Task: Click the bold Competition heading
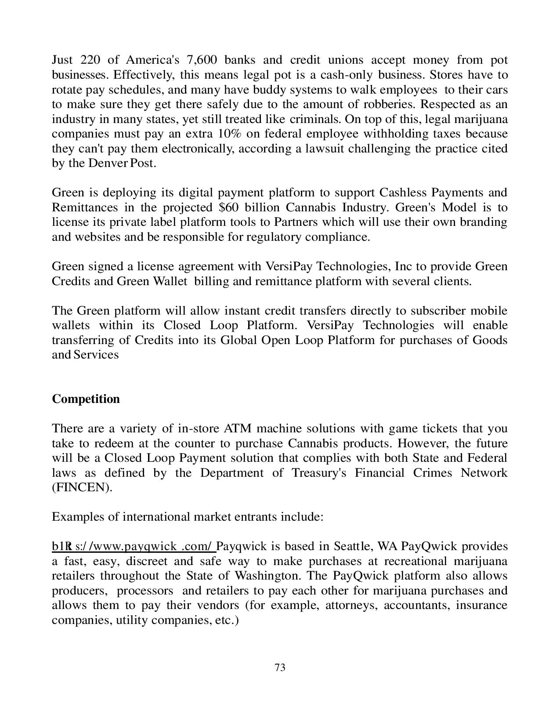point(86,399)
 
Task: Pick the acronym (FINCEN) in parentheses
point(82,487)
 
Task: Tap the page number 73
point(280,667)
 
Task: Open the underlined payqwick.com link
point(134,546)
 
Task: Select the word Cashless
point(403,192)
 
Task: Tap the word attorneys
point(352,605)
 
